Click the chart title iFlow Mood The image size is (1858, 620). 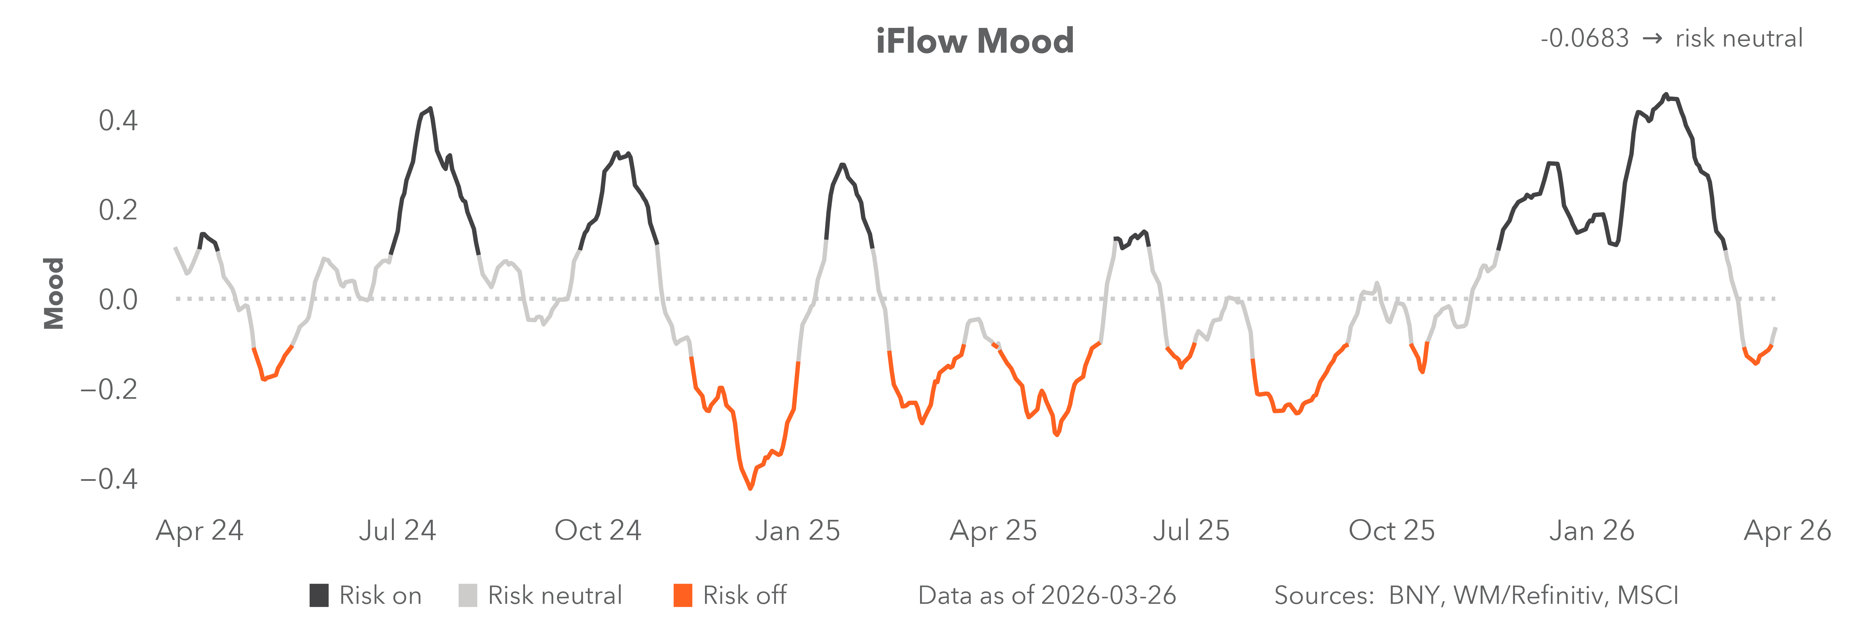[x=974, y=41]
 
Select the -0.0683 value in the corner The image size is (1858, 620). [x=1584, y=38]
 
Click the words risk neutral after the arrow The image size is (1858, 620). [x=1738, y=38]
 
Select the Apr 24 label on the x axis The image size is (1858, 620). [x=200, y=530]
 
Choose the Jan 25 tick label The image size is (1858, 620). [x=798, y=530]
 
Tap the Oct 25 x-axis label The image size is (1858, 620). [x=1391, y=530]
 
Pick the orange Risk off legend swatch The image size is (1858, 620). [x=682, y=596]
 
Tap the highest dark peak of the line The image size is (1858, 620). [x=1665, y=95]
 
